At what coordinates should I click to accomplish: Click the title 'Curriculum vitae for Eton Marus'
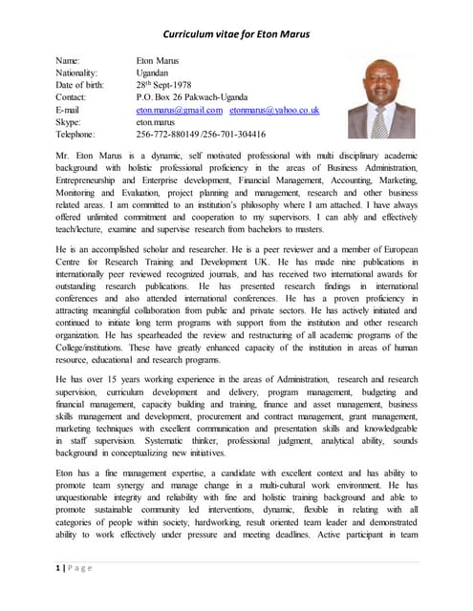235,35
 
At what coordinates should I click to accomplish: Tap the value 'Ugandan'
155,73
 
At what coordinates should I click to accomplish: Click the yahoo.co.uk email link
274,110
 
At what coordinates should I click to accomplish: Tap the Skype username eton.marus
157,122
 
